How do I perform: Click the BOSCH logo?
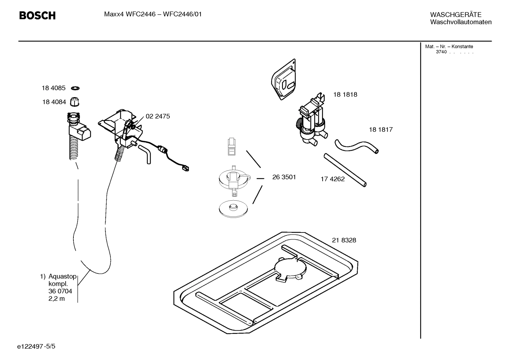point(37,16)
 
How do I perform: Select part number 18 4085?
point(54,88)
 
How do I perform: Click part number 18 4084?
point(54,102)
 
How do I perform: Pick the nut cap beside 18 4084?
point(74,102)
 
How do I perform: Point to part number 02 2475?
point(158,116)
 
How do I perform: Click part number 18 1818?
point(345,95)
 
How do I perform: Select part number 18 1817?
point(381,130)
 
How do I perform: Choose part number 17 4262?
point(333,179)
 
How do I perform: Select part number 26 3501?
point(284,177)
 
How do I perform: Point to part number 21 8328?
point(344,240)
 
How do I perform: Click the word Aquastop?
point(62,276)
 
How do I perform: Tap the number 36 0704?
point(60,291)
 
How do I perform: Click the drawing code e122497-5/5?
point(36,346)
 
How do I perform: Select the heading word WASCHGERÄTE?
point(455,15)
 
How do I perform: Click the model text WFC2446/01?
point(182,14)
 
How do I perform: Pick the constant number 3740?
point(441,52)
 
